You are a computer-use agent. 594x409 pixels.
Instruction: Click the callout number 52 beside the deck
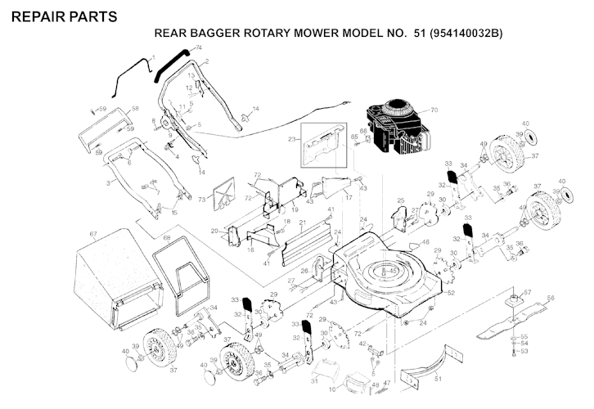click(x=450, y=292)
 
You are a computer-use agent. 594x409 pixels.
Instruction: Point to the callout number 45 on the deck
click(x=393, y=270)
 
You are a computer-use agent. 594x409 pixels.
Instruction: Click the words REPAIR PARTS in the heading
click(x=65, y=16)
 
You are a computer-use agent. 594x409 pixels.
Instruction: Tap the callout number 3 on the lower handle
click(x=109, y=182)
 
